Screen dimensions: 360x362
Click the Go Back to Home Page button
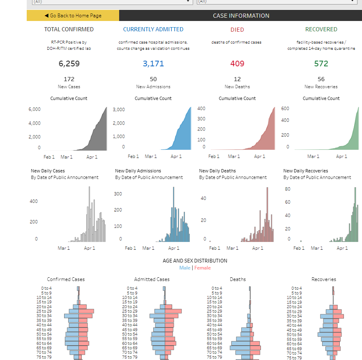click(73, 16)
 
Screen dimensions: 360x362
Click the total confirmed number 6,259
click(69, 64)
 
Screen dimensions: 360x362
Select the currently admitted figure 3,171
click(153, 64)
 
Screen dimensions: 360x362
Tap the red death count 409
click(237, 64)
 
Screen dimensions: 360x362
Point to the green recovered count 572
click(321, 64)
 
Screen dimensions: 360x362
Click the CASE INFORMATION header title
click(241, 16)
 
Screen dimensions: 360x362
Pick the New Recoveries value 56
click(321, 79)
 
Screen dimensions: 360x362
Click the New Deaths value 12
click(237, 79)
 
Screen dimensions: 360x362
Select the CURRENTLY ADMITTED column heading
click(153, 29)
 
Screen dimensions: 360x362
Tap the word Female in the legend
click(203, 268)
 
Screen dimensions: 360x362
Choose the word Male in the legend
click(185, 268)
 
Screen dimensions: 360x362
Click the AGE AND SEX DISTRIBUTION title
click(195, 261)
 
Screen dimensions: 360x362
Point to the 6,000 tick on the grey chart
click(35, 109)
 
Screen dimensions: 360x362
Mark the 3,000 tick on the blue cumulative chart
click(119, 110)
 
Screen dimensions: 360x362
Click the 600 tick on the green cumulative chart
click(285, 109)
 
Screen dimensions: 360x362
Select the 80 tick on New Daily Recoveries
click(288, 189)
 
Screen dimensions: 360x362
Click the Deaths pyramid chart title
click(237, 279)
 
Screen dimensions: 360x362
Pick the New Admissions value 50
click(153, 79)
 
